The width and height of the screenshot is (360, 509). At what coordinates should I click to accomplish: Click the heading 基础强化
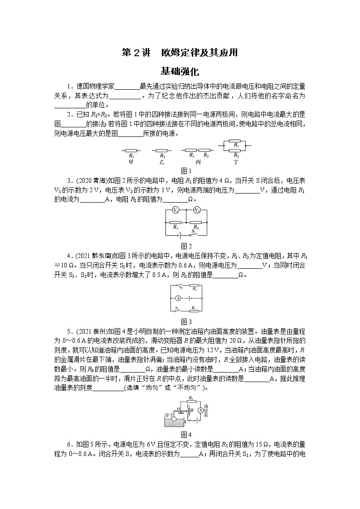click(180, 71)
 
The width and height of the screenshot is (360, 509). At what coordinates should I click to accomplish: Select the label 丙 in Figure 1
click(198, 161)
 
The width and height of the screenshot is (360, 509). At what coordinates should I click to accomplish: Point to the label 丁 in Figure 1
click(235, 161)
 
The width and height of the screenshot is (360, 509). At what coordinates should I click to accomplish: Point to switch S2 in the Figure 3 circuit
click(180, 286)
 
